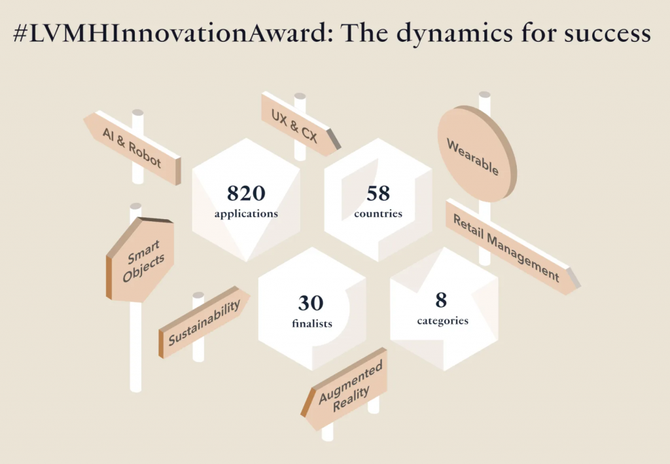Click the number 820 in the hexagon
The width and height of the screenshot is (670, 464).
(x=246, y=193)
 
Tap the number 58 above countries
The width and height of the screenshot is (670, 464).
(x=378, y=193)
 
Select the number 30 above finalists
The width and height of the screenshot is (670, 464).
(x=311, y=303)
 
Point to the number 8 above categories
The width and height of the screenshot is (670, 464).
(x=441, y=300)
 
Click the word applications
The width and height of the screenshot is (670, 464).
(x=246, y=213)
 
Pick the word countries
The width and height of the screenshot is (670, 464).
(x=378, y=213)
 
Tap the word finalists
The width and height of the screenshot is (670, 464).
(x=312, y=323)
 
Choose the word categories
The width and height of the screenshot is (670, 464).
(x=443, y=321)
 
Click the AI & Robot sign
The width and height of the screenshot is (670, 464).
(x=132, y=147)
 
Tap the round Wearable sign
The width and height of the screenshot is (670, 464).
(x=477, y=154)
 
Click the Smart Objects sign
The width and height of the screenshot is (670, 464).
(x=140, y=260)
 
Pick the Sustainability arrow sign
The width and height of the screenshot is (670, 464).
(x=204, y=321)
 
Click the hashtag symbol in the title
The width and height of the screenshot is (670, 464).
(x=20, y=33)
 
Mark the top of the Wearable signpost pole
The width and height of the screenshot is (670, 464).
(x=485, y=95)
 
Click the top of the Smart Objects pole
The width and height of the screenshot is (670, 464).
(x=135, y=206)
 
